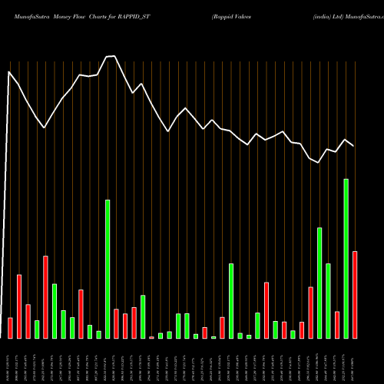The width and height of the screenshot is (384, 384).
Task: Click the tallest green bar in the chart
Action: [346, 259]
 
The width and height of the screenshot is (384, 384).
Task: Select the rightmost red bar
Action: [355, 295]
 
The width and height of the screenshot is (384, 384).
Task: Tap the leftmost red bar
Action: [10, 328]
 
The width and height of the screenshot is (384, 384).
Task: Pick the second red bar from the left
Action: [19, 306]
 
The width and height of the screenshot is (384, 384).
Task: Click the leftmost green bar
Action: [37, 329]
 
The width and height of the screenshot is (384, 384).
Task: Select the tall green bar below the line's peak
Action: [108, 269]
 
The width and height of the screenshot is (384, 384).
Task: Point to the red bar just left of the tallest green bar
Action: [337, 325]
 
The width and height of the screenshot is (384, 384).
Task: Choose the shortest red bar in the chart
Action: [151, 337]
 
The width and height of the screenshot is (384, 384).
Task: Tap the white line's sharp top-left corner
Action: [9, 72]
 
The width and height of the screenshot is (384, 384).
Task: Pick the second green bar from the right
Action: [329, 300]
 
